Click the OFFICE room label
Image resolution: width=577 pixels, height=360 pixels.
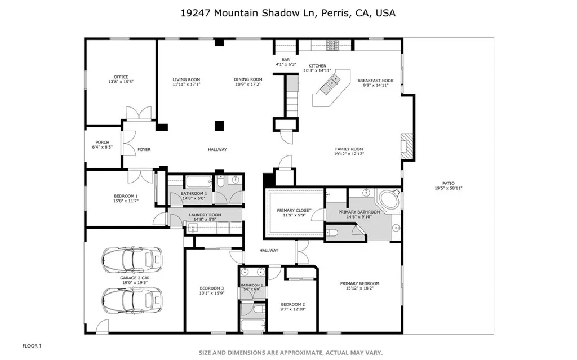121,77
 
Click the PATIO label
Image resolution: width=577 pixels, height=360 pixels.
448,183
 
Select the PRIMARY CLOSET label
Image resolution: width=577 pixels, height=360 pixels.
294,211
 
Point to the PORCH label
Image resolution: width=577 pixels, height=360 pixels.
102,143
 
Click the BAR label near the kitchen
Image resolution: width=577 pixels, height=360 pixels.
286,60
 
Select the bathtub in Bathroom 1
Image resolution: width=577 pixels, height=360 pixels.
198,182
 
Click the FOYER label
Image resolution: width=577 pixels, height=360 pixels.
144,149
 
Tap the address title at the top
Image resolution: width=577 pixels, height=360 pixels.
288,12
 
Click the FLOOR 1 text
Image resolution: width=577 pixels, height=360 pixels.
32,345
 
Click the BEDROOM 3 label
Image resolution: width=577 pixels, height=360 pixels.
212,288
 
